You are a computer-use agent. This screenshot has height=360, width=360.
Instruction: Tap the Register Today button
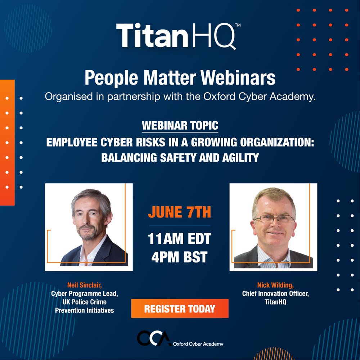pos(180,309)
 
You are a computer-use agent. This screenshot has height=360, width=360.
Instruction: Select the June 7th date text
pos(180,212)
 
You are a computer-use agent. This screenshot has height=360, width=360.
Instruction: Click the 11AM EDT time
pos(180,239)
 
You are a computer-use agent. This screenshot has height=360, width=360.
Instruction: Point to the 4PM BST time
pos(180,257)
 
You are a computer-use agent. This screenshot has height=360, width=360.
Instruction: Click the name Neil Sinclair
pos(84,285)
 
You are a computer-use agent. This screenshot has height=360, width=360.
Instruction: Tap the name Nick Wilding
pos(275,285)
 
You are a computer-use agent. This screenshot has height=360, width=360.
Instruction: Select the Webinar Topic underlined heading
pos(180,126)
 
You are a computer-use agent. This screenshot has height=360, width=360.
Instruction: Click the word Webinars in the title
pos(238,78)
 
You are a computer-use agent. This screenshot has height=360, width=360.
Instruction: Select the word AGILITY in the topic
pos(240,158)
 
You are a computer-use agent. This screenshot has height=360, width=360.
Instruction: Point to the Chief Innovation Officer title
pos(275,294)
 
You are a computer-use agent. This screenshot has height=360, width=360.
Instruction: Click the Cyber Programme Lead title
pos(84,294)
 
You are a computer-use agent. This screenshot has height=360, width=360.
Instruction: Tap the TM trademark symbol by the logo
pos(238,25)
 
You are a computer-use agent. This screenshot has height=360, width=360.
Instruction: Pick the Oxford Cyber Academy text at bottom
pos(198,344)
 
